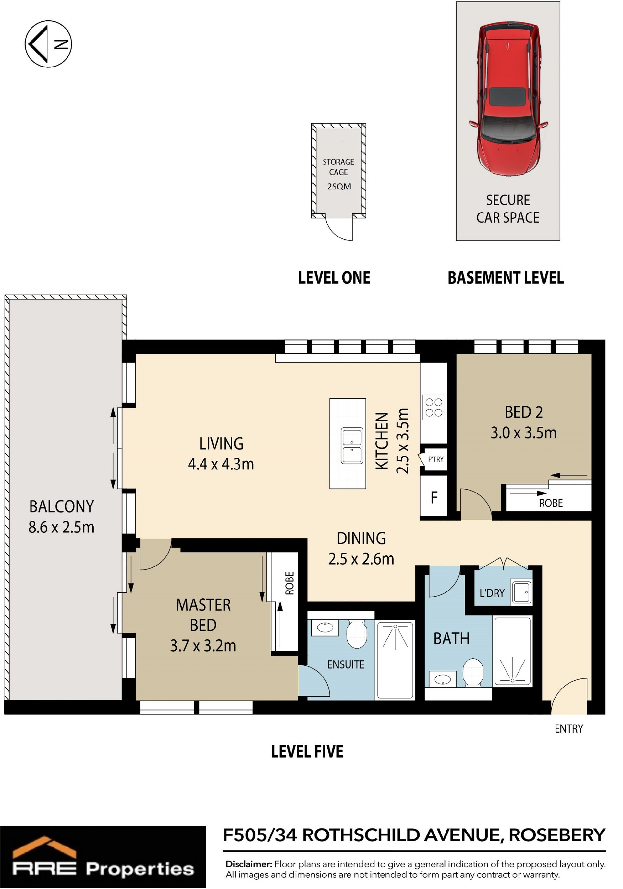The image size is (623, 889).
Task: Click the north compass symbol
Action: pyautogui.click(x=48, y=44)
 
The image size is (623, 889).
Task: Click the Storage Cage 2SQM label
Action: pyautogui.click(x=339, y=174)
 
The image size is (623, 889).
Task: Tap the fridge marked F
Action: pyautogui.click(x=434, y=497)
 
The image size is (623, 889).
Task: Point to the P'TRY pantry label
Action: pyautogui.click(x=435, y=459)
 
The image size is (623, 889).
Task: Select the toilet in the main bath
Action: pyautogui.click(x=473, y=673)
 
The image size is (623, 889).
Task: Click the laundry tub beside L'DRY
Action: pyautogui.click(x=521, y=592)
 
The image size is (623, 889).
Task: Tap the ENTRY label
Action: pyautogui.click(x=569, y=729)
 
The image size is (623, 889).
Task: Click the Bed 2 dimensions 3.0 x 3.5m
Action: pyautogui.click(x=523, y=433)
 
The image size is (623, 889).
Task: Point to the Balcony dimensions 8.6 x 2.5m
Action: pyautogui.click(x=61, y=527)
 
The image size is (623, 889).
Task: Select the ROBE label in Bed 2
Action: pyautogui.click(x=551, y=503)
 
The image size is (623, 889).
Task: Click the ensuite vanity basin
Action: pyautogui.click(x=325, y=627)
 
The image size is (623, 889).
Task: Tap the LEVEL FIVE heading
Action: pyautogui.click(x=307, y=751)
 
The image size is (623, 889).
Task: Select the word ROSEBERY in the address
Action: pyautogui.click(x=557, y=835)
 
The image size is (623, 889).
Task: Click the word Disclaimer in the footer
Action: pyautogui.click(x=249, y=864)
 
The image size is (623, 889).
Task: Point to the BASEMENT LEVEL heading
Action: pyautogui.click(x=506, y=278)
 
